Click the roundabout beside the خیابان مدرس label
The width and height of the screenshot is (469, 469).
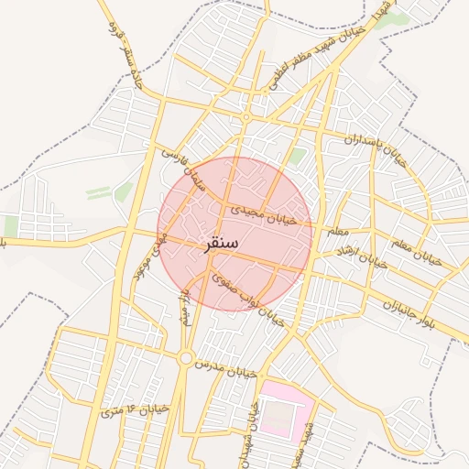pos(186,358)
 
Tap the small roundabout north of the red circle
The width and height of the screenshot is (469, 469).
pos(245,117)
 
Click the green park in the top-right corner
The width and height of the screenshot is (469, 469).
pos(389,19)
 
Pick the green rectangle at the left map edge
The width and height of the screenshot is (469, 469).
pos(10,225)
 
